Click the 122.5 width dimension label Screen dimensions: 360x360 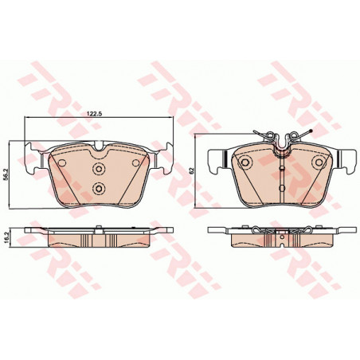click(95, 114)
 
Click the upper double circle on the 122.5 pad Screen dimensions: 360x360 click(99, 168)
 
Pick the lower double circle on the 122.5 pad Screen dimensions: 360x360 click(99, 189)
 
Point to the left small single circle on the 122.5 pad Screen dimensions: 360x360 click(62, 162)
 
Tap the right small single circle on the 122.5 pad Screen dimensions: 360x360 click(135, 162)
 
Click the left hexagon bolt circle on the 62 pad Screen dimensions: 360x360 click(245, 162)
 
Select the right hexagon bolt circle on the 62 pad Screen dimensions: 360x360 click(319, 162)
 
